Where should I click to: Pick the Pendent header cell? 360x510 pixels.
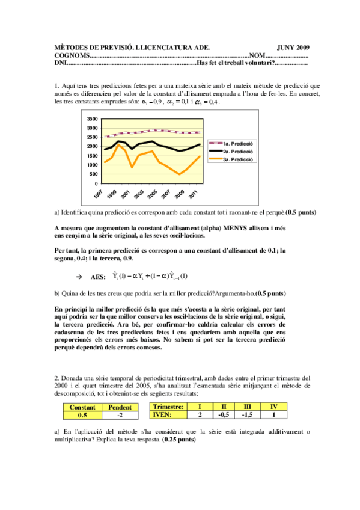coord(120,407)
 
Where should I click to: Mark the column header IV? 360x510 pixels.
coord(273,407)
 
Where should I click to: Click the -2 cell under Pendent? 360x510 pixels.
coord(120,414)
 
